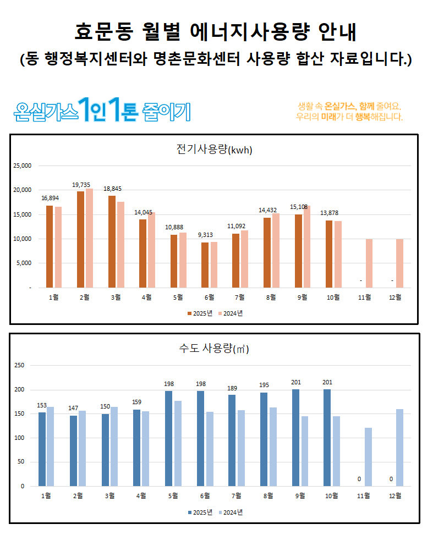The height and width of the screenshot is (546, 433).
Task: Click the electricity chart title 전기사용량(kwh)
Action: (214, 150)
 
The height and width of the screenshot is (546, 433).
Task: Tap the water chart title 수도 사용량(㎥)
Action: (214, 349)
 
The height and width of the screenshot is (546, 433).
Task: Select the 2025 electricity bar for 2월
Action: (80, 239)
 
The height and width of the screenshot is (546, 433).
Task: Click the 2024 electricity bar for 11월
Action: (369, 263)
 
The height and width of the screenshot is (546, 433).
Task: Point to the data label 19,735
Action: (81, 185)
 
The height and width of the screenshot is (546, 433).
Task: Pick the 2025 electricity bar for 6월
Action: (205, 265)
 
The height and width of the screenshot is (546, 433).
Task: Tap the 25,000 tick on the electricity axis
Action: (23, 166)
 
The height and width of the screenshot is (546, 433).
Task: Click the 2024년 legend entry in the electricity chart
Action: (230, 313)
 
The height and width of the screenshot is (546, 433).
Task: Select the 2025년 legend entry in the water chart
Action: (199, 512)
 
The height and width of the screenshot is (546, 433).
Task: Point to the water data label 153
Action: (42, 406)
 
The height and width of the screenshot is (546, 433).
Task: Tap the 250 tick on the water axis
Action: (19, 365)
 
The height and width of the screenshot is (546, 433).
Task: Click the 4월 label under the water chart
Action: (141, 496)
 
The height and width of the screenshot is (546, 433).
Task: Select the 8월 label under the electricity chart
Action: (271, 297)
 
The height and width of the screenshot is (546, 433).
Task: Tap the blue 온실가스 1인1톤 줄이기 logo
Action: (103, 111)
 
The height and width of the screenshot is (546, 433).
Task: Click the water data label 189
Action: (233, 389)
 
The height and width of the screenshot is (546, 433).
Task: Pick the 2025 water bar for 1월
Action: (42, 449)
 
